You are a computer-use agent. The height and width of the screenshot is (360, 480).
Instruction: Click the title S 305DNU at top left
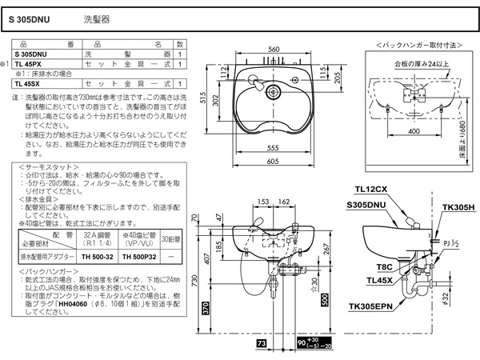32,16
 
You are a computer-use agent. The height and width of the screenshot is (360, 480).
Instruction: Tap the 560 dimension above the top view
274,50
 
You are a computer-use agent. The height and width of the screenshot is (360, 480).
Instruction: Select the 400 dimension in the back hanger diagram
413,130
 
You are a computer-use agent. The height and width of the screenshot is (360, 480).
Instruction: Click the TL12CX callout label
371,190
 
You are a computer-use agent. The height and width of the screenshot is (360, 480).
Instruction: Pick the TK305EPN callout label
372,306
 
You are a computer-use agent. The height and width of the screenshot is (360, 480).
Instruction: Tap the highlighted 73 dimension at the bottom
262,342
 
